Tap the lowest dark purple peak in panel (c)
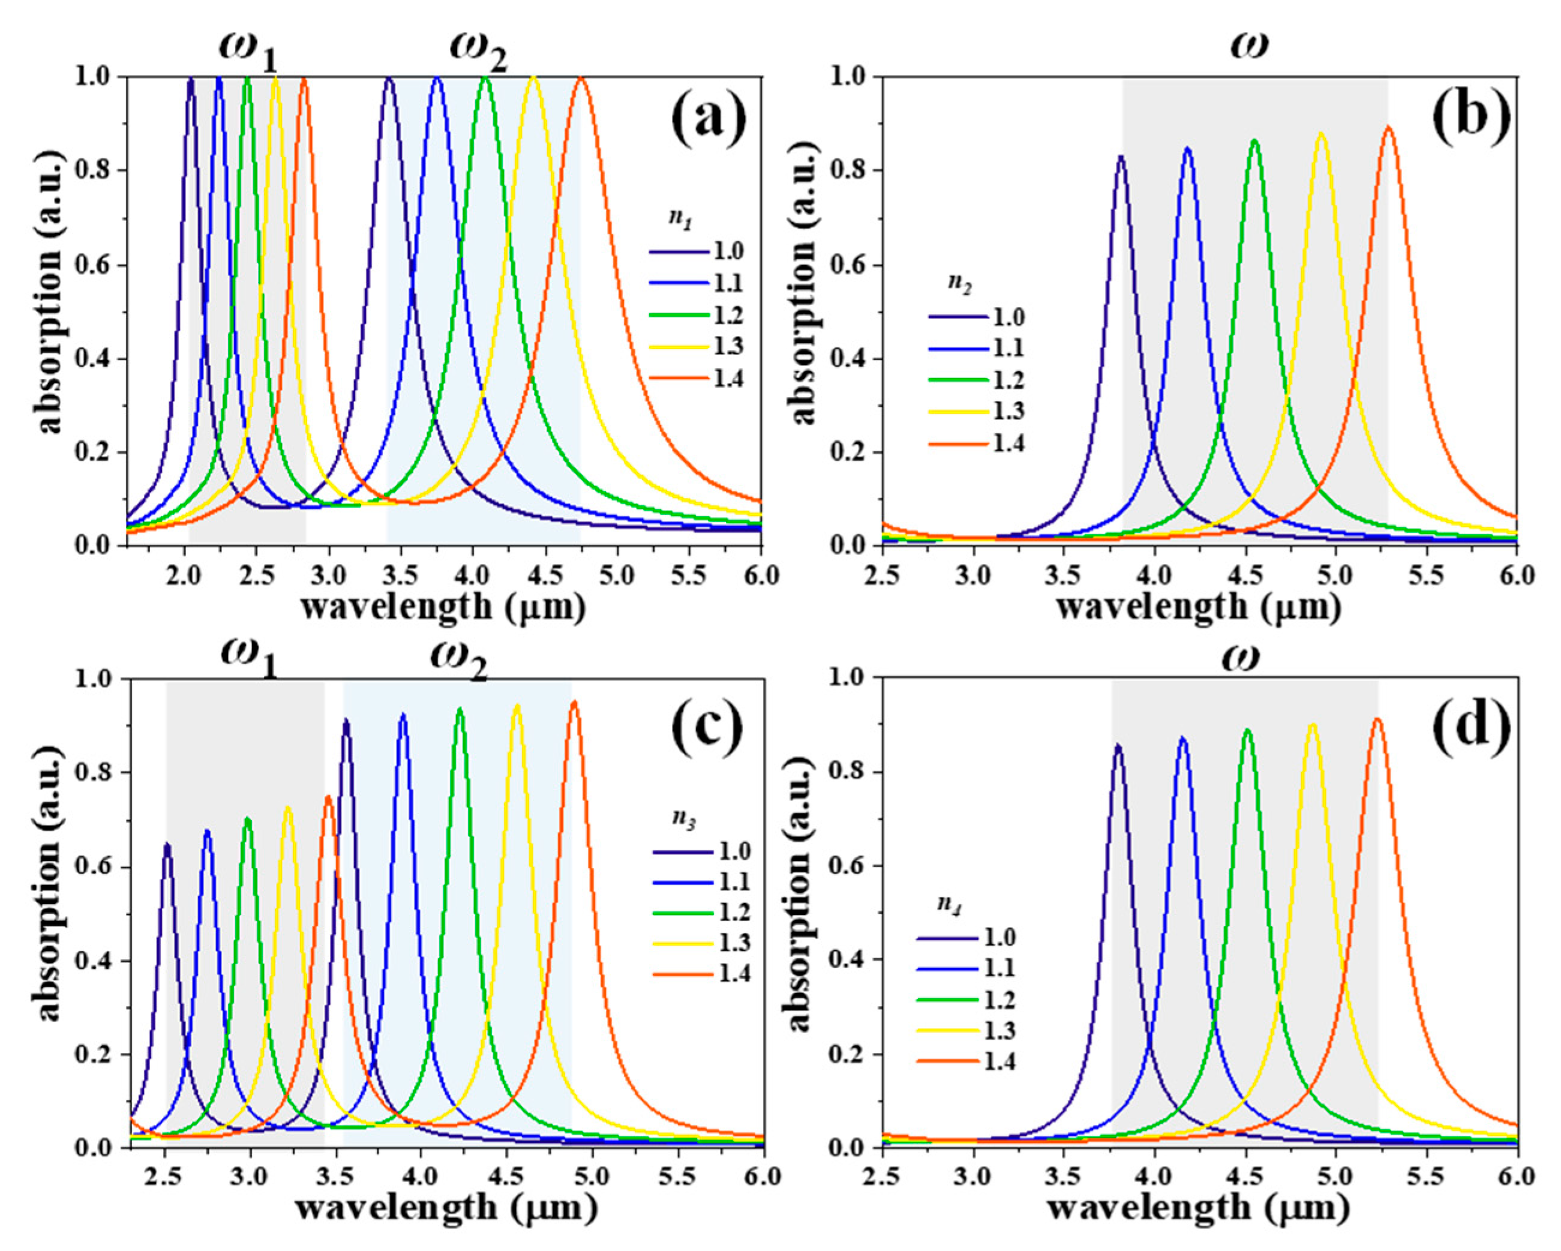(167, 844)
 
